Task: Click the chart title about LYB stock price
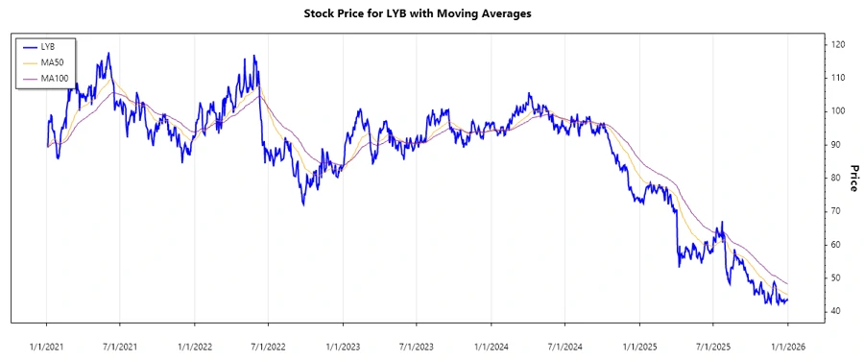[x=431, y=14]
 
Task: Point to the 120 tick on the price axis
[x=838, y=45]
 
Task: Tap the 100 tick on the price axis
[x=838, y=111]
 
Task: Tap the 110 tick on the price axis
[x=838, y=78]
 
